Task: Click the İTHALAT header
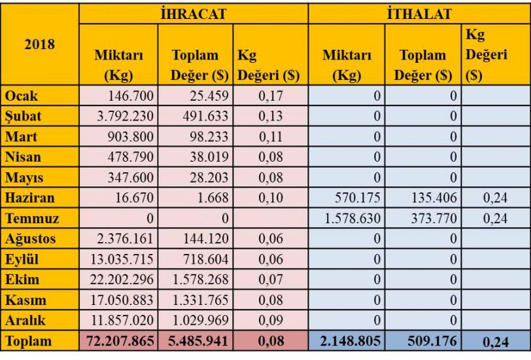tap(419, 13)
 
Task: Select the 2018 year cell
tap(39, 45)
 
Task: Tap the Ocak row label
tap(22, 96)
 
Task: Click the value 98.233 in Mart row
tap(206, 137)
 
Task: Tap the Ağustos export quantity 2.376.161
tap(124, 239)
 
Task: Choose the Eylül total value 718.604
tap(202, 259)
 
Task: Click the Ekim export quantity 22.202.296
tap(121, 279)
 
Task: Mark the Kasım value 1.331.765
tap(199, 300)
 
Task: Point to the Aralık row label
tap(26, 321)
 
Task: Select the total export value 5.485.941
tap(197, 342)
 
